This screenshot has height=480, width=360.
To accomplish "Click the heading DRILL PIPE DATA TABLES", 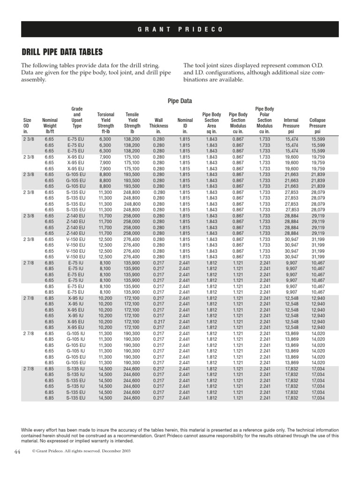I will (x=62, y=52).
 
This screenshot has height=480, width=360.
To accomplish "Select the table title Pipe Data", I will (x=180, y=101).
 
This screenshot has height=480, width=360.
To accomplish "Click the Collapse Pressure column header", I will (x=317, y=126).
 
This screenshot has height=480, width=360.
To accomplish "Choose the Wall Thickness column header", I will (x=158, y=126).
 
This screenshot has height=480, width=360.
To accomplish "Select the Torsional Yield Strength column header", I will (x=105, y=123).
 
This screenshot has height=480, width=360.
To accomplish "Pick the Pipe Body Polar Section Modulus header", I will (x=264, y=120).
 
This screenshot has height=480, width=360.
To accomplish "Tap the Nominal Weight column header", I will (x=50, y=126).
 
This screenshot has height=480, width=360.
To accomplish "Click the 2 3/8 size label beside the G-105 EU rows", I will (x=28, y=174).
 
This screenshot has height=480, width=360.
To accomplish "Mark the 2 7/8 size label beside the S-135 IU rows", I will (x=28, y=369).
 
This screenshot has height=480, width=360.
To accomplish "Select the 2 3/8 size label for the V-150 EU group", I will (x=28, y=239).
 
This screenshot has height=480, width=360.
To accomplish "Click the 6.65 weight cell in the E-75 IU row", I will (x=49, y=280).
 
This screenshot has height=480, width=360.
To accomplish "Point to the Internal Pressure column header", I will (x=291, y=126).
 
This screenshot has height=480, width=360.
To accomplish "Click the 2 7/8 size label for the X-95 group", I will (x=28, y=298).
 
